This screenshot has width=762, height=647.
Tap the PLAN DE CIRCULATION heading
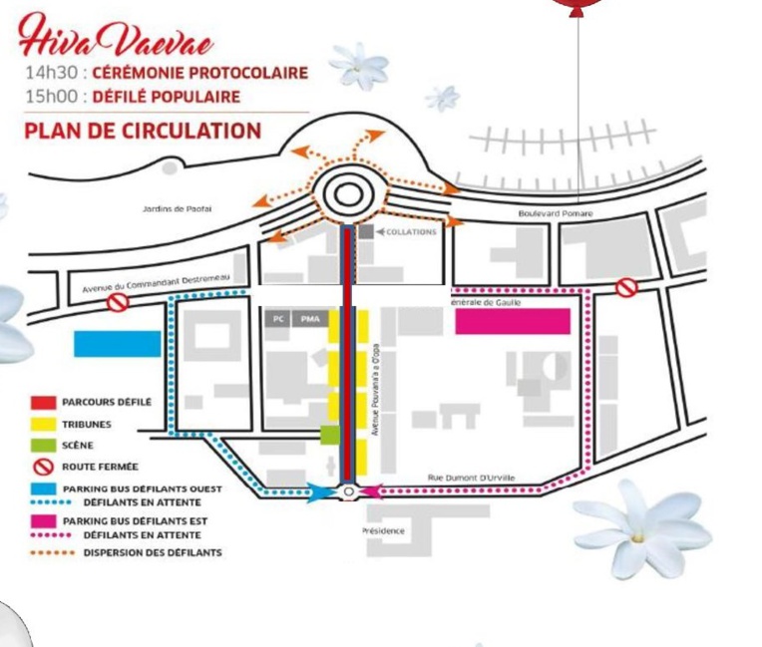pos(142,131)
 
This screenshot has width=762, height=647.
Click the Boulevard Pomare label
pos(556,213)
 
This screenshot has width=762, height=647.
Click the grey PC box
pos(278,318)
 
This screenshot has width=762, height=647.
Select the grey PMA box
pos(310,318)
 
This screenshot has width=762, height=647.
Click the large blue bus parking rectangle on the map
pos(118,343)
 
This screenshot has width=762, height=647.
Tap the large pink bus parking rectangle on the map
pos(513,321)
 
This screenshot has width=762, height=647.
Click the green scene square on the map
pos(329,435)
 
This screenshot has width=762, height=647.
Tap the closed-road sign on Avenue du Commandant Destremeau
pos(119,301)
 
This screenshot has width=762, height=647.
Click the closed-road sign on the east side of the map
pos(625,288)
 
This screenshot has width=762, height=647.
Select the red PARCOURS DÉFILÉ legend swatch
pos(41,404)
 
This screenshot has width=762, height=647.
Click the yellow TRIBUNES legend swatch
pos(41,425)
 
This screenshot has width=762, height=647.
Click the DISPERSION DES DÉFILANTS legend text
pos(152,552)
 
